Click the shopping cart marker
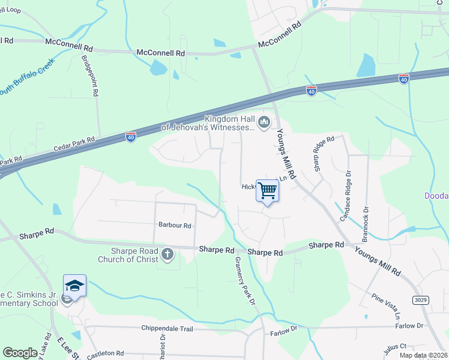tap(268, 191)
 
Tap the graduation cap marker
tap(75, 286)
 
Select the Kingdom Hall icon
tap(264, 122)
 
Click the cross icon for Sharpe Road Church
tap(167, 254)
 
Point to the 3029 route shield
tap(421, 299)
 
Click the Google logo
tap(20, 353)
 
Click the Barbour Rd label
tap(174, 226)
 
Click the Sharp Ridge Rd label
tap(316, 154)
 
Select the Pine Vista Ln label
tap(385, 305)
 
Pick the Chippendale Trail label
tap(167, 328)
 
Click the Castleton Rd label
tap(105, 354)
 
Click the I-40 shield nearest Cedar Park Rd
tap(131, 137)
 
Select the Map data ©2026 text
tap(423, 355)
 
